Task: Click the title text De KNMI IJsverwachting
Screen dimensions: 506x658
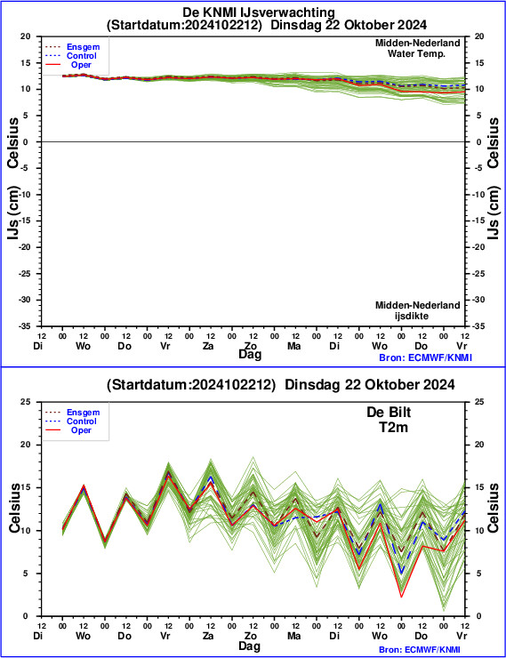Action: (x=259, y=12)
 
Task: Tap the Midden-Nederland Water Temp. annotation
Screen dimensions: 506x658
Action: (x=417, y=48)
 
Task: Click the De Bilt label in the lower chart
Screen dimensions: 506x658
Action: (x=389, y=412)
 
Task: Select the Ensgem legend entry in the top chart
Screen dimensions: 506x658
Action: (x=83, y=47)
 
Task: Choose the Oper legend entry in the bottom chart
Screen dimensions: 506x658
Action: (x=81, y=430)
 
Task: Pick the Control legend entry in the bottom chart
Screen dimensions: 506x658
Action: (x=82, y=421)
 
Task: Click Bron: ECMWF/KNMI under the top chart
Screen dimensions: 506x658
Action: (x=425, y=357)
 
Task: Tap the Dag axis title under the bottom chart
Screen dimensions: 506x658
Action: (x=250, y=646)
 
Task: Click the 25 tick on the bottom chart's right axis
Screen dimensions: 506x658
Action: (x=479, y=402)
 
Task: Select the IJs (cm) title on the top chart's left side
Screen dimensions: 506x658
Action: (x=13, y=213)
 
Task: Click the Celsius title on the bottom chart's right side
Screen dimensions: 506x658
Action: (x=493, y=508)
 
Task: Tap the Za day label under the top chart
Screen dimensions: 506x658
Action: (x=208, y=346)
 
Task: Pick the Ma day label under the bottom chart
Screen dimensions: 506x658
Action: (x=293, y=636)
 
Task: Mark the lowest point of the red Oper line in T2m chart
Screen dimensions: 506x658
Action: (x=402, y=597)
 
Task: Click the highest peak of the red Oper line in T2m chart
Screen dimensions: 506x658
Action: (x=168, y=477)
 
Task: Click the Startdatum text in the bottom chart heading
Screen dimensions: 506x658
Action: (x=149, y=384)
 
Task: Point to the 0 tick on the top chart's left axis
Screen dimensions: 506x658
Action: (x=26, y=142)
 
